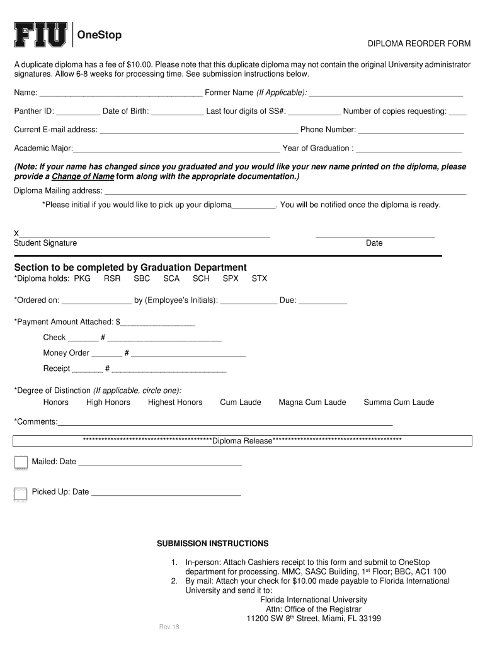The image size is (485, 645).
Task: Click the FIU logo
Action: pos(42,35)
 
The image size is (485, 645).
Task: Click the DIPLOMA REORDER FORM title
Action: pos(419,43)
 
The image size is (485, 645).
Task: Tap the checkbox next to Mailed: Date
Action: pos(21,462)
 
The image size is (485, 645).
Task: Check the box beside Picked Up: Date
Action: pos(21,493)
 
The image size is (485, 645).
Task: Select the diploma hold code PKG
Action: pos(82,278)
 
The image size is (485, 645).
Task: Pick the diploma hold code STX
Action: pos(260,278)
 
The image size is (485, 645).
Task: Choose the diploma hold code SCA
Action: pos(171,278)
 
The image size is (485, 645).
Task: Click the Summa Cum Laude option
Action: pos(399,402)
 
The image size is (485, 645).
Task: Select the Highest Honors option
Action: pos(175,402)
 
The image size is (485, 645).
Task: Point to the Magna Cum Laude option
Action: pos(312,402)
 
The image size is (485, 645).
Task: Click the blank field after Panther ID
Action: pos(78,112)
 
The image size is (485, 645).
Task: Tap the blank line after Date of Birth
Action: pos(178,112)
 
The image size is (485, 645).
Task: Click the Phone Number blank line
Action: pos(411,130)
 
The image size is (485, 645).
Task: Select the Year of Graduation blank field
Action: pos(409,149)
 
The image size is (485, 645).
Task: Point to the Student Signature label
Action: pos(45,243)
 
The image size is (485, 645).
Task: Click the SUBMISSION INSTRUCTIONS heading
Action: pos(212,544)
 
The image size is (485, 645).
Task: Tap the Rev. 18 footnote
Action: pos(169,627)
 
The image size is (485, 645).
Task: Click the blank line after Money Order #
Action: pos(188,354)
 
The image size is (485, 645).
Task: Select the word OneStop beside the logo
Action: pos(99,36)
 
